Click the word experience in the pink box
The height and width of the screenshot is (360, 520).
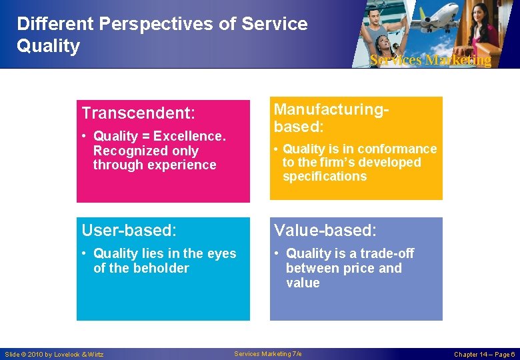click(x=183, y=165)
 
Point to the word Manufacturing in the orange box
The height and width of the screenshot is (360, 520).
click(x=329, y=109)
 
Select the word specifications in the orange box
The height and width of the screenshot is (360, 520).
click(x=325, y=177)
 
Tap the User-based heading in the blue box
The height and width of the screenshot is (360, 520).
click(x=129, y=231)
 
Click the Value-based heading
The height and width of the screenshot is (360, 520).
click(x=325, y=231)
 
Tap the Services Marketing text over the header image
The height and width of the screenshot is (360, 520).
click(x=430, y=60)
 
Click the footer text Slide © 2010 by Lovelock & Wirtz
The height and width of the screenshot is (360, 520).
click(x=54, y=354)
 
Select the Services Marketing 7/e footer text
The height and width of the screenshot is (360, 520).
click(x=268, y=353)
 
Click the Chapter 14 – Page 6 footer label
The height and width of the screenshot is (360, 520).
click(x=484, y=354)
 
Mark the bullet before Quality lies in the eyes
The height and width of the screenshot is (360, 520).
click(x=85, y=253)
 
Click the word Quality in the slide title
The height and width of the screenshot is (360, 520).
click(x=48, y=46)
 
